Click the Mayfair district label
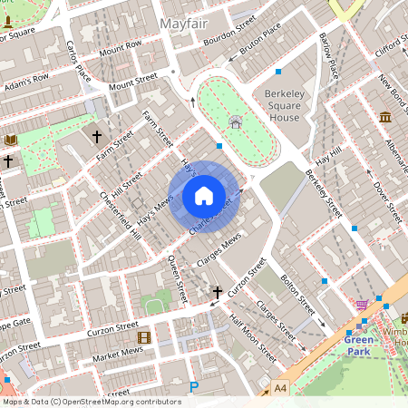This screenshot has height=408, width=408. [184, 22]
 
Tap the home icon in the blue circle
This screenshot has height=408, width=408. [204, 196]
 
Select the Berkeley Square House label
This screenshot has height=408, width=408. [294, 105]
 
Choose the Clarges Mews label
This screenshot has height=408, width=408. [219, 250]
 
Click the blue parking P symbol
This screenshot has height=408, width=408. [193, 388]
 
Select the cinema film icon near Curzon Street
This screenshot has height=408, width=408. [143, 337]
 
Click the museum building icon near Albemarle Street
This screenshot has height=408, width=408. [385, 117]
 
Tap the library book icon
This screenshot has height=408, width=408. [11, 140]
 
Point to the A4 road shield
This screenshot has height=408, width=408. [282, 387]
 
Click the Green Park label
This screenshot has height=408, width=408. [358, 345]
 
